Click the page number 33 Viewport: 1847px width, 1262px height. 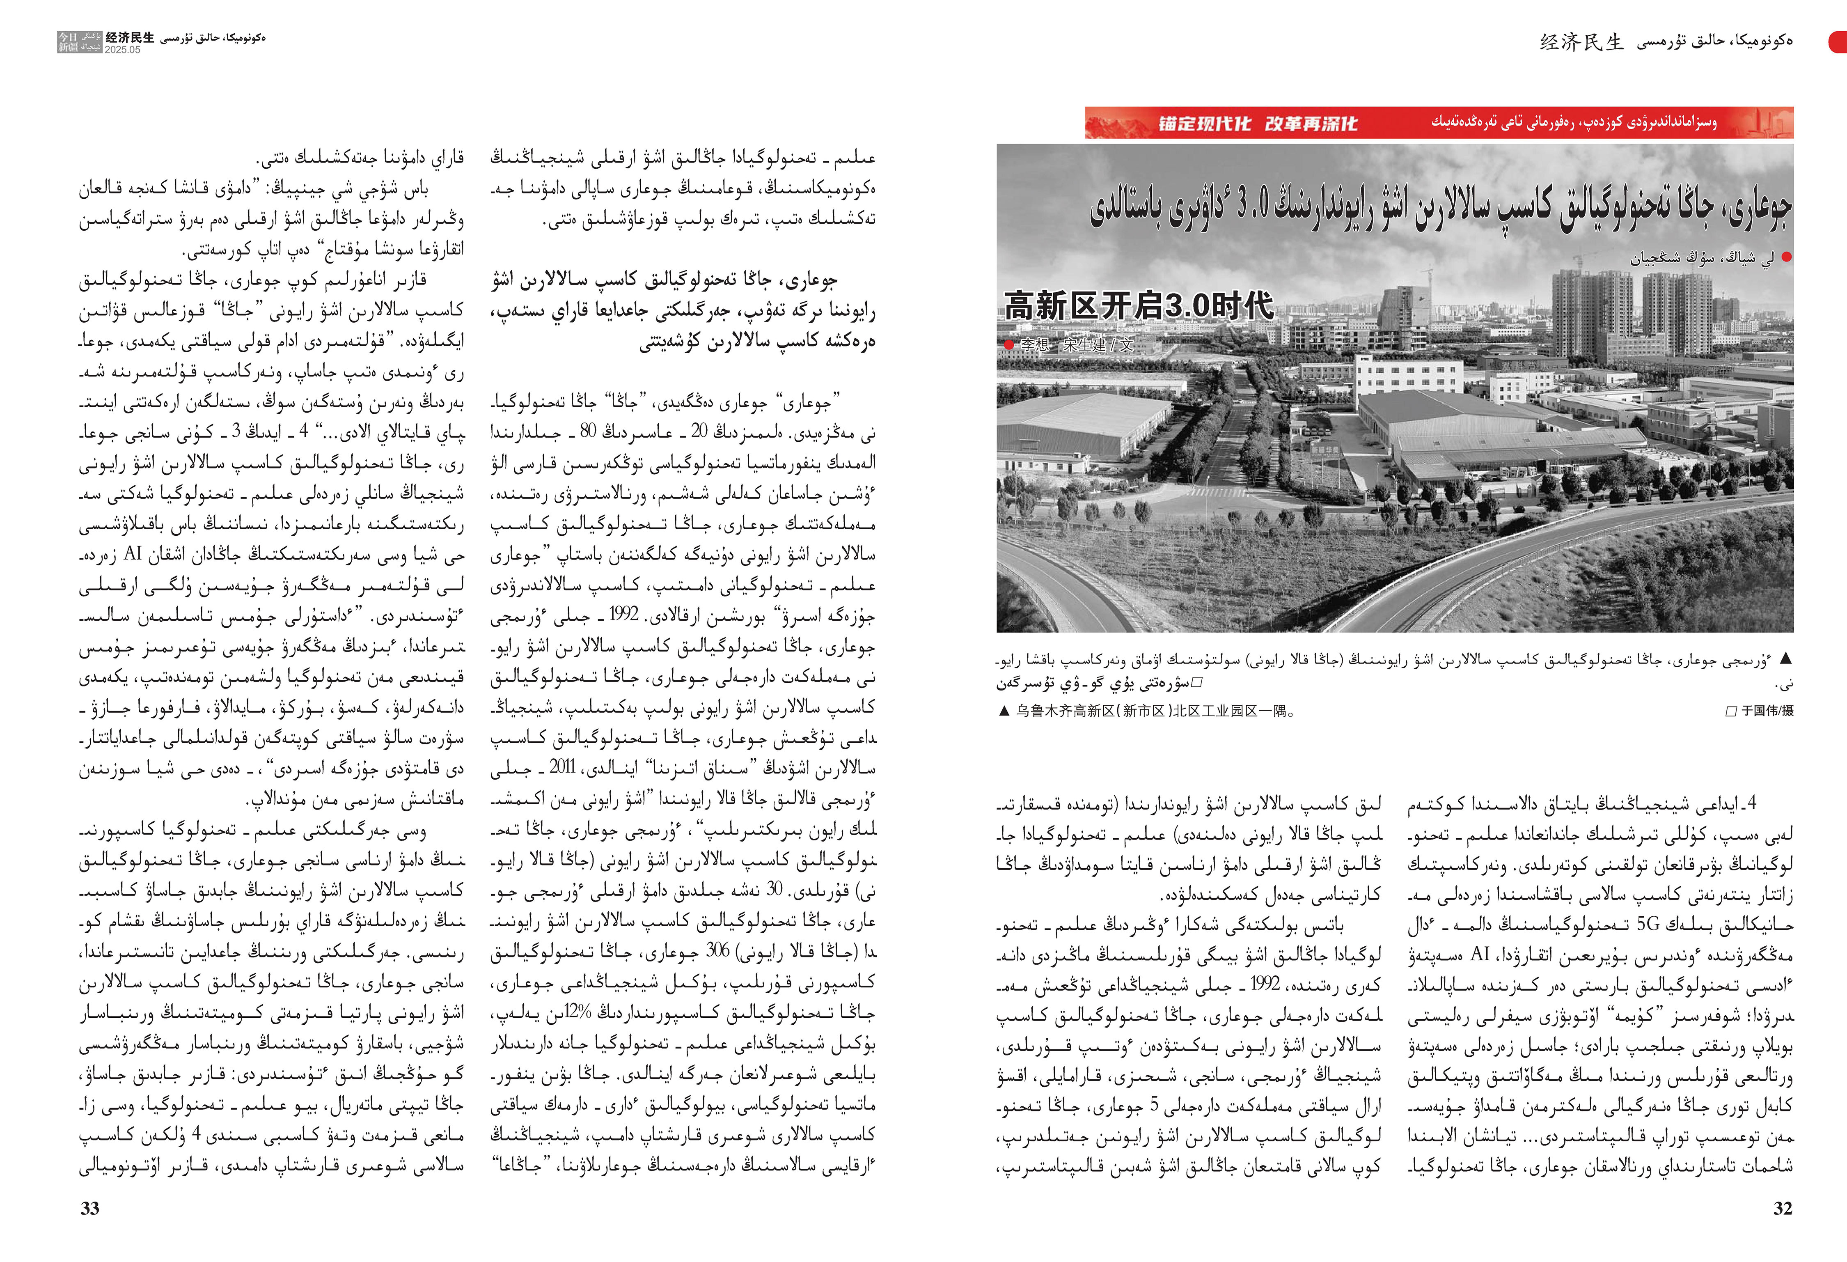pyautogui.click(x=90, y=1209)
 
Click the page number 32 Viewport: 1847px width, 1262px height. pyautogui.click(x=1783, y=1209)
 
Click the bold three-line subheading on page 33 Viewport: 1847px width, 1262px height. pyautogui.click(x=683, y=311)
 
